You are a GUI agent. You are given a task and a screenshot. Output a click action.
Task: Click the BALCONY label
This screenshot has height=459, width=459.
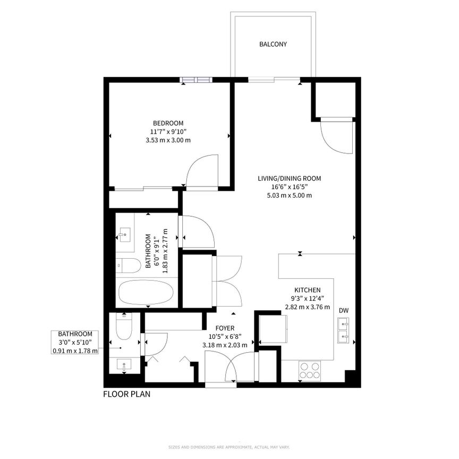click(x=273, y=45)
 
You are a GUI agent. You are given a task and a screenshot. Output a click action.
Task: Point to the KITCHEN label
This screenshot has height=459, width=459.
click(x=308, y=290)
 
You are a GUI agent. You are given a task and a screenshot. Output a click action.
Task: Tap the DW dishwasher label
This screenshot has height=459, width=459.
click(x=345, y=310)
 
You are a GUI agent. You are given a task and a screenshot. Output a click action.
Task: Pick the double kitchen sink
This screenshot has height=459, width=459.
click(x=343, y=329)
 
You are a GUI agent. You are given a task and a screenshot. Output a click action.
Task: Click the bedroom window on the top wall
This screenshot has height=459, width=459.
click(x=196, y=80)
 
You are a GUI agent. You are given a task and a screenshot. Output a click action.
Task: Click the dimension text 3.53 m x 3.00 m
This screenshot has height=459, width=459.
click(x=168, y=140)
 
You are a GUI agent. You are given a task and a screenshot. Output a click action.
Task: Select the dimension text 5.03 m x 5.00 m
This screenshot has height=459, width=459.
click(x=289, y=195)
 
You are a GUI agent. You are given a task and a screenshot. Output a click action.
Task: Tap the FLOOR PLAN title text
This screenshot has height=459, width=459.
click(x=127, y=394)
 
